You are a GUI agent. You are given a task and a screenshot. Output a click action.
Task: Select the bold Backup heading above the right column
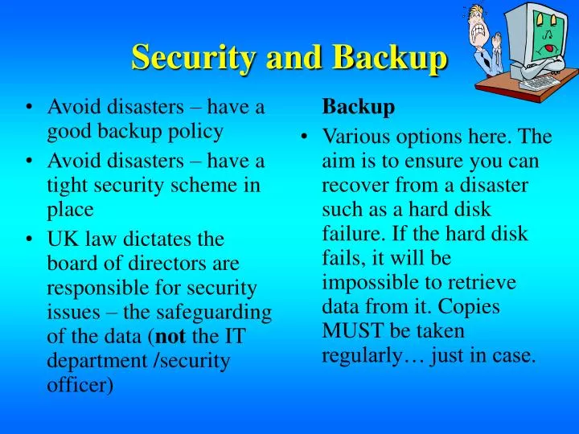[359, 107]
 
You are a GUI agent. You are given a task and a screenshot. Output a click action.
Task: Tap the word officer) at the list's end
[80, 385]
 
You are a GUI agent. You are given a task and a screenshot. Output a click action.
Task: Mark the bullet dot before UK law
[30, 240]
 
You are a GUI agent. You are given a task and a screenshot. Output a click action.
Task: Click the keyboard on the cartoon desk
[541, 81]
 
